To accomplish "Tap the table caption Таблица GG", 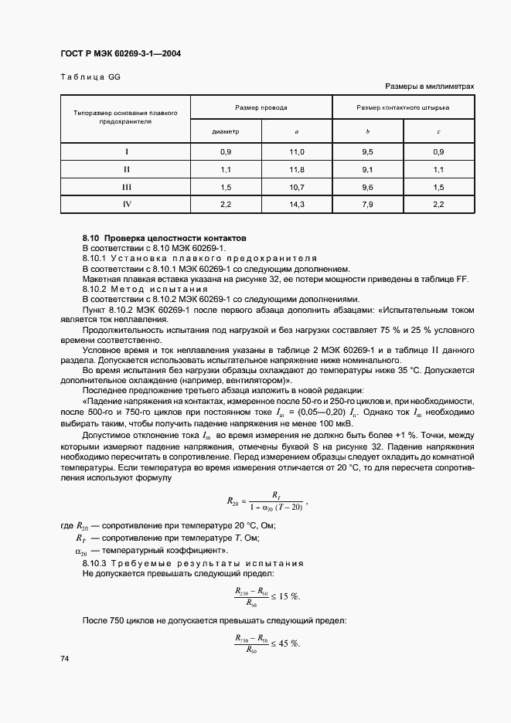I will [x=90, y=76].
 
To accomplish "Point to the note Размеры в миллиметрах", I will [x=428, y=87].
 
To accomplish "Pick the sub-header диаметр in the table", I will [x=226, y=131].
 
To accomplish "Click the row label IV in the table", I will [x=126, y=204].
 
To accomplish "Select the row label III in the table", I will [x=126, y=187].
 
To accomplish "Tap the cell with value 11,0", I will [x=297, y=152].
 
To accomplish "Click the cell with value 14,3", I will [x=297, y=204].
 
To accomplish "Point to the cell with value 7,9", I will [x=367, y=204].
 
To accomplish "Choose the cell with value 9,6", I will [x=367, y=187].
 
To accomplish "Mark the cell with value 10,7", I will [x=297, y=187].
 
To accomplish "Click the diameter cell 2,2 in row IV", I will [x=226, y=204].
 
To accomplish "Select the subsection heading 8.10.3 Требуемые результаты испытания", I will [x=193, y=563].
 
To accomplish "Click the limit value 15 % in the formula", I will [x=289, y=596].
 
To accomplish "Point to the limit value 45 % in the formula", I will [x=289, y=643].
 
